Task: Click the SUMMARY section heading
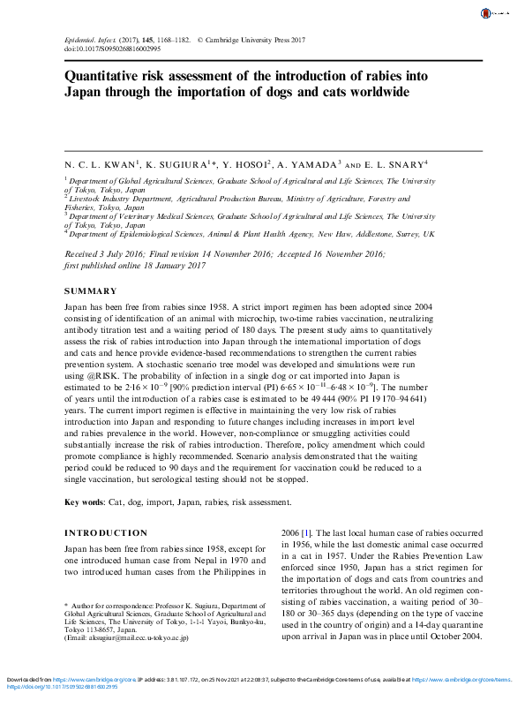tap(91, 291)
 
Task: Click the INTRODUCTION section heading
tap(106, 533)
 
